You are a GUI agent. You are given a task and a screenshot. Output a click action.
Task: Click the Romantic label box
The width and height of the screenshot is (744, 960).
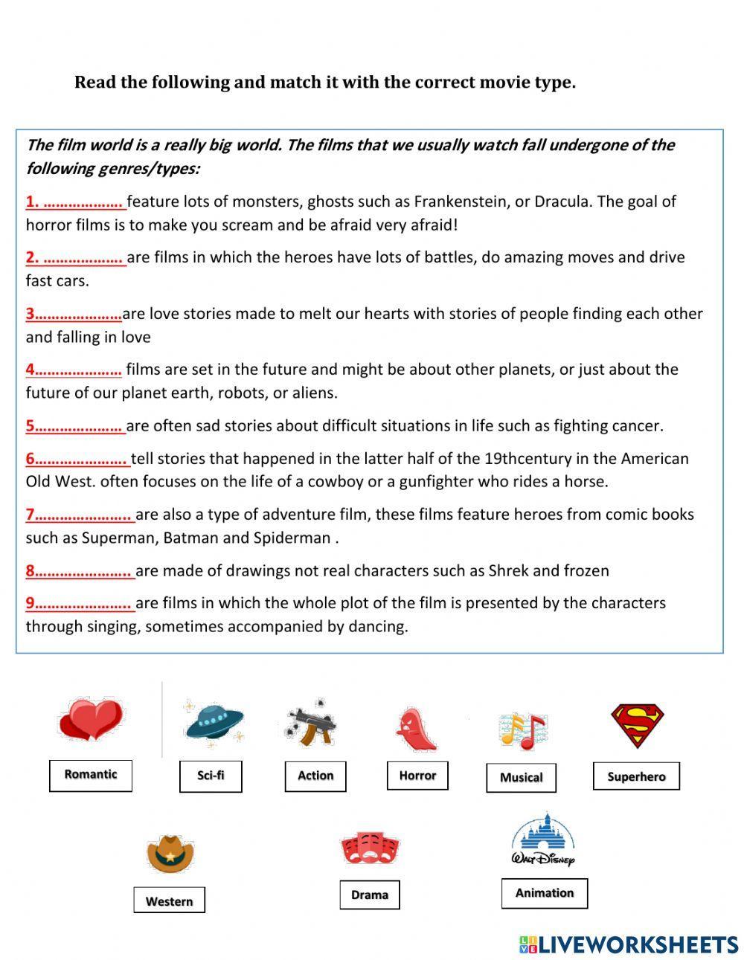click(90, 775)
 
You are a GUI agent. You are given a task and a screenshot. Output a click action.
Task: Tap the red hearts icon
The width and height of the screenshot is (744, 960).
click(91, 720)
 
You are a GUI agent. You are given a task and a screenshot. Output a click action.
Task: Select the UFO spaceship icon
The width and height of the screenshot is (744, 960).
click(214, 723)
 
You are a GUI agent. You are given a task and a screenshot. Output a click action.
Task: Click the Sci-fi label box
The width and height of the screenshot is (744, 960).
click(211, 776)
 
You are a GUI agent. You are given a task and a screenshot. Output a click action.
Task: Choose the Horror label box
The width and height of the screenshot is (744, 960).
click(417, 776)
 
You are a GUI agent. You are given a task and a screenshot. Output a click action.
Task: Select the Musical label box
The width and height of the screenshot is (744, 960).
click(521, 778)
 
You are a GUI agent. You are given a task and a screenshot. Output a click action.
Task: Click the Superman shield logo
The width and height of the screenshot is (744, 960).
click(638, 726)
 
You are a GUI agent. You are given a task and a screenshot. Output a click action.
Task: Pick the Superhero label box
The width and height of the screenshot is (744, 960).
click(636, 776)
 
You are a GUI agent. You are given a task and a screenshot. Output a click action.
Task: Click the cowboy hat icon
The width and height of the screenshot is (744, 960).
click(170, 853)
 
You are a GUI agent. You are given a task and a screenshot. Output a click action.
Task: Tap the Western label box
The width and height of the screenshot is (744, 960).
click(169, 901)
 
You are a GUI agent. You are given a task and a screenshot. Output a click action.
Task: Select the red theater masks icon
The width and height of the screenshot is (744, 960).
click(370, 848)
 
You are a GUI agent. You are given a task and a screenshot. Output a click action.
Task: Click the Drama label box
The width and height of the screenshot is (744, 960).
click(370, 895)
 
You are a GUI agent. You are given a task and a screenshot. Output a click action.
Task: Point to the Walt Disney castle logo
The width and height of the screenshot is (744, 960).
click(544, 840)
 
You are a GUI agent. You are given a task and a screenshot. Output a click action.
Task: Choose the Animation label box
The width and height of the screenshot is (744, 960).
click(545, 893)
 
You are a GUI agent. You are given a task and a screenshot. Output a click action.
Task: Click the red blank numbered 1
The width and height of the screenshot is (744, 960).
click(76, 202)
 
